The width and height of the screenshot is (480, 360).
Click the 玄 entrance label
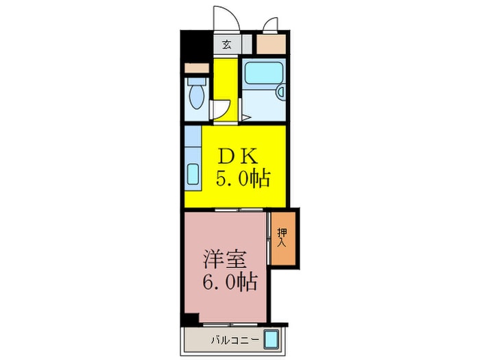point(226,45)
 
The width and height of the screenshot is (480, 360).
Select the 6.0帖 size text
point(229,281)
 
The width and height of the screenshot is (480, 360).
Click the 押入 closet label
point(283,237)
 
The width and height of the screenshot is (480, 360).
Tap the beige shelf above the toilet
point(196,69)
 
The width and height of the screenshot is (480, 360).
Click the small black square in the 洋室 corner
point(189,319)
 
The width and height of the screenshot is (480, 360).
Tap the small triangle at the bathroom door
point(245,118)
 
